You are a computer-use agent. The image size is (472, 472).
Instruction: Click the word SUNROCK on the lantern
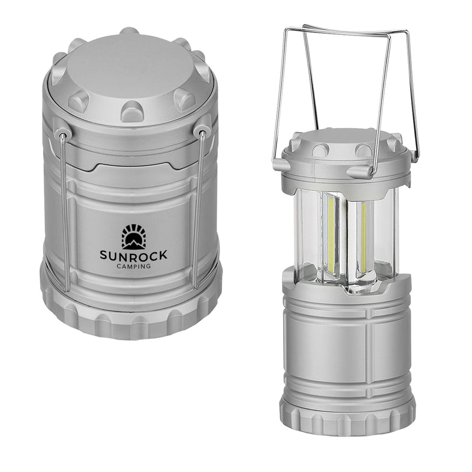coord(134,255)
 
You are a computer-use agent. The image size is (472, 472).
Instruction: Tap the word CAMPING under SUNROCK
coord(134,266)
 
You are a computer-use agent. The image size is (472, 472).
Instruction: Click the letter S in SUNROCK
coord(104,255)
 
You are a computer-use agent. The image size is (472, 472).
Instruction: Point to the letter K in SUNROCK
coord(163,255)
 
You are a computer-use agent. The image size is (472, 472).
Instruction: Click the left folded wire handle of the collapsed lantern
coord(64,212)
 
